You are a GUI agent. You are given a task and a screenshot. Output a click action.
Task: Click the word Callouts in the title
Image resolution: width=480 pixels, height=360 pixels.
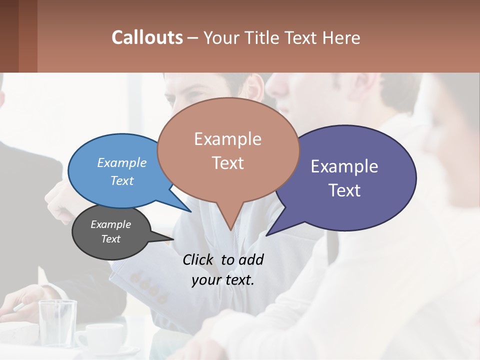147,37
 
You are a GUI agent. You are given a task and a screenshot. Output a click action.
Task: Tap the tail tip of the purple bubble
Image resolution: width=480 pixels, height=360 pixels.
267,235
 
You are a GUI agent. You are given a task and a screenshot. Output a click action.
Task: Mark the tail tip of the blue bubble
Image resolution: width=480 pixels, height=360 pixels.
190,211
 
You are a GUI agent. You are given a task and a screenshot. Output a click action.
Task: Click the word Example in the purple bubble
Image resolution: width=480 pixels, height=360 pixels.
344,166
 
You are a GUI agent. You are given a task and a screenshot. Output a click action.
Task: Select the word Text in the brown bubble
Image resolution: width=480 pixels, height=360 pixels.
228,163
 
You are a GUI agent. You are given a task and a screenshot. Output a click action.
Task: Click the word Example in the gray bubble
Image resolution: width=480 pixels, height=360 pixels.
110,224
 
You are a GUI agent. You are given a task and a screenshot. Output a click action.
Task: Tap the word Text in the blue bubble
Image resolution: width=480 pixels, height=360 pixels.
122,180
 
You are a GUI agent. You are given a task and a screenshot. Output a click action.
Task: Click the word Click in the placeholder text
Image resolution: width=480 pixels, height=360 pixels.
199,259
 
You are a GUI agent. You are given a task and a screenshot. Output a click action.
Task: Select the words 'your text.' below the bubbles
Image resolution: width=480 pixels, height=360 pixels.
223,280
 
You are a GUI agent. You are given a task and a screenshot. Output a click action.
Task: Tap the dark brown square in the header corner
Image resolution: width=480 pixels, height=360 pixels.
9,36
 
